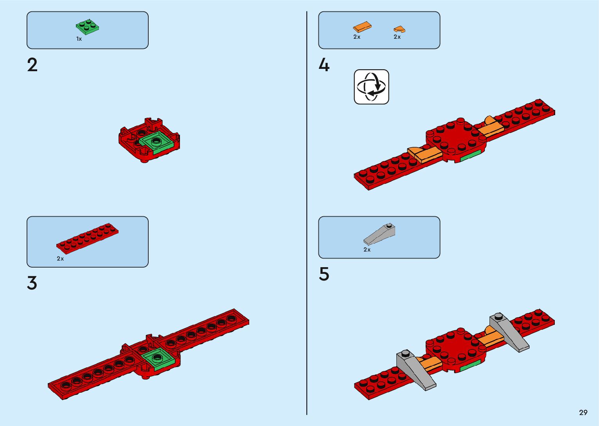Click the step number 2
(x=32, y=65)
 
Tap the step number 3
(x=32, y=283)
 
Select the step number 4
(x=324, y=65)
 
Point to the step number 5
(x=324, y=274)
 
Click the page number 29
(x=583, y=412)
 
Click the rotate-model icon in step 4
(x=371, y=87)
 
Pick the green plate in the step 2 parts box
(x=87, y=27)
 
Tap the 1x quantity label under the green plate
(x=79, y=39)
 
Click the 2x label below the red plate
(x=60, y=259)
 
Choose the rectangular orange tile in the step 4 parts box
(x=362, y=27)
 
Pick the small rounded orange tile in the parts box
(x=399, y=29)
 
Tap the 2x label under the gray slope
(x=367, y=250)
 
